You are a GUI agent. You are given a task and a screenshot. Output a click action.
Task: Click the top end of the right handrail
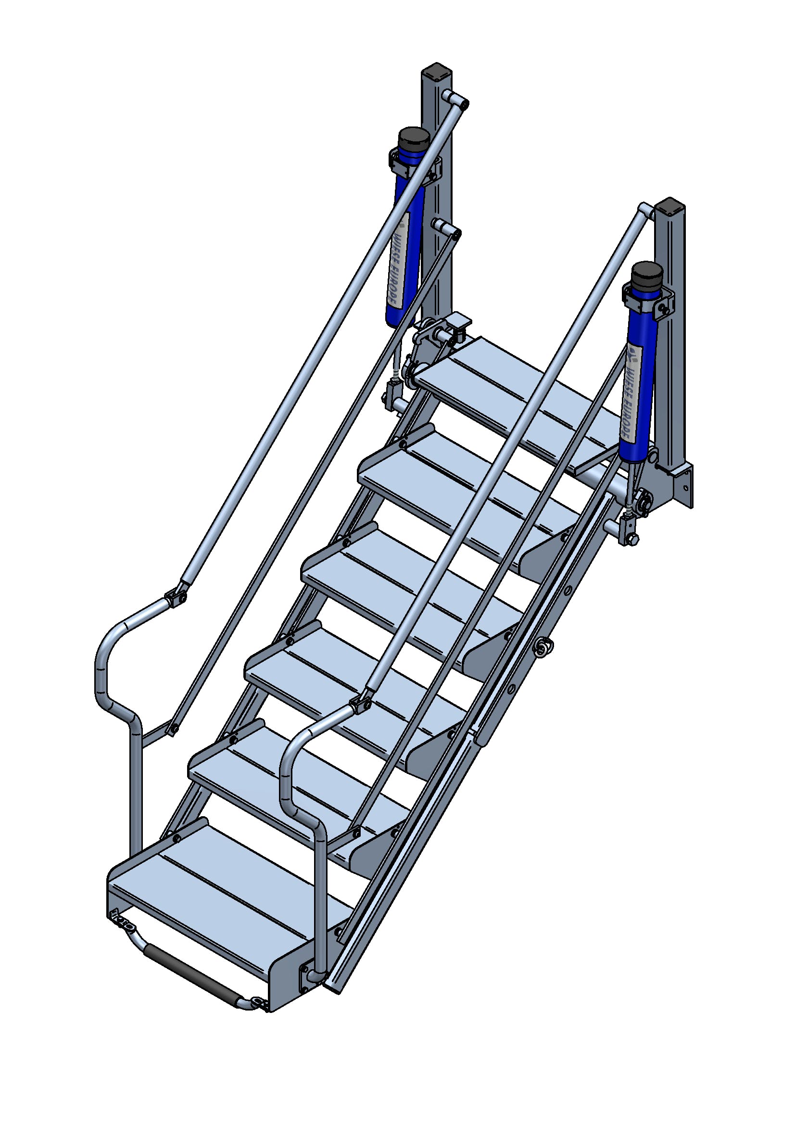(645, 211)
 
